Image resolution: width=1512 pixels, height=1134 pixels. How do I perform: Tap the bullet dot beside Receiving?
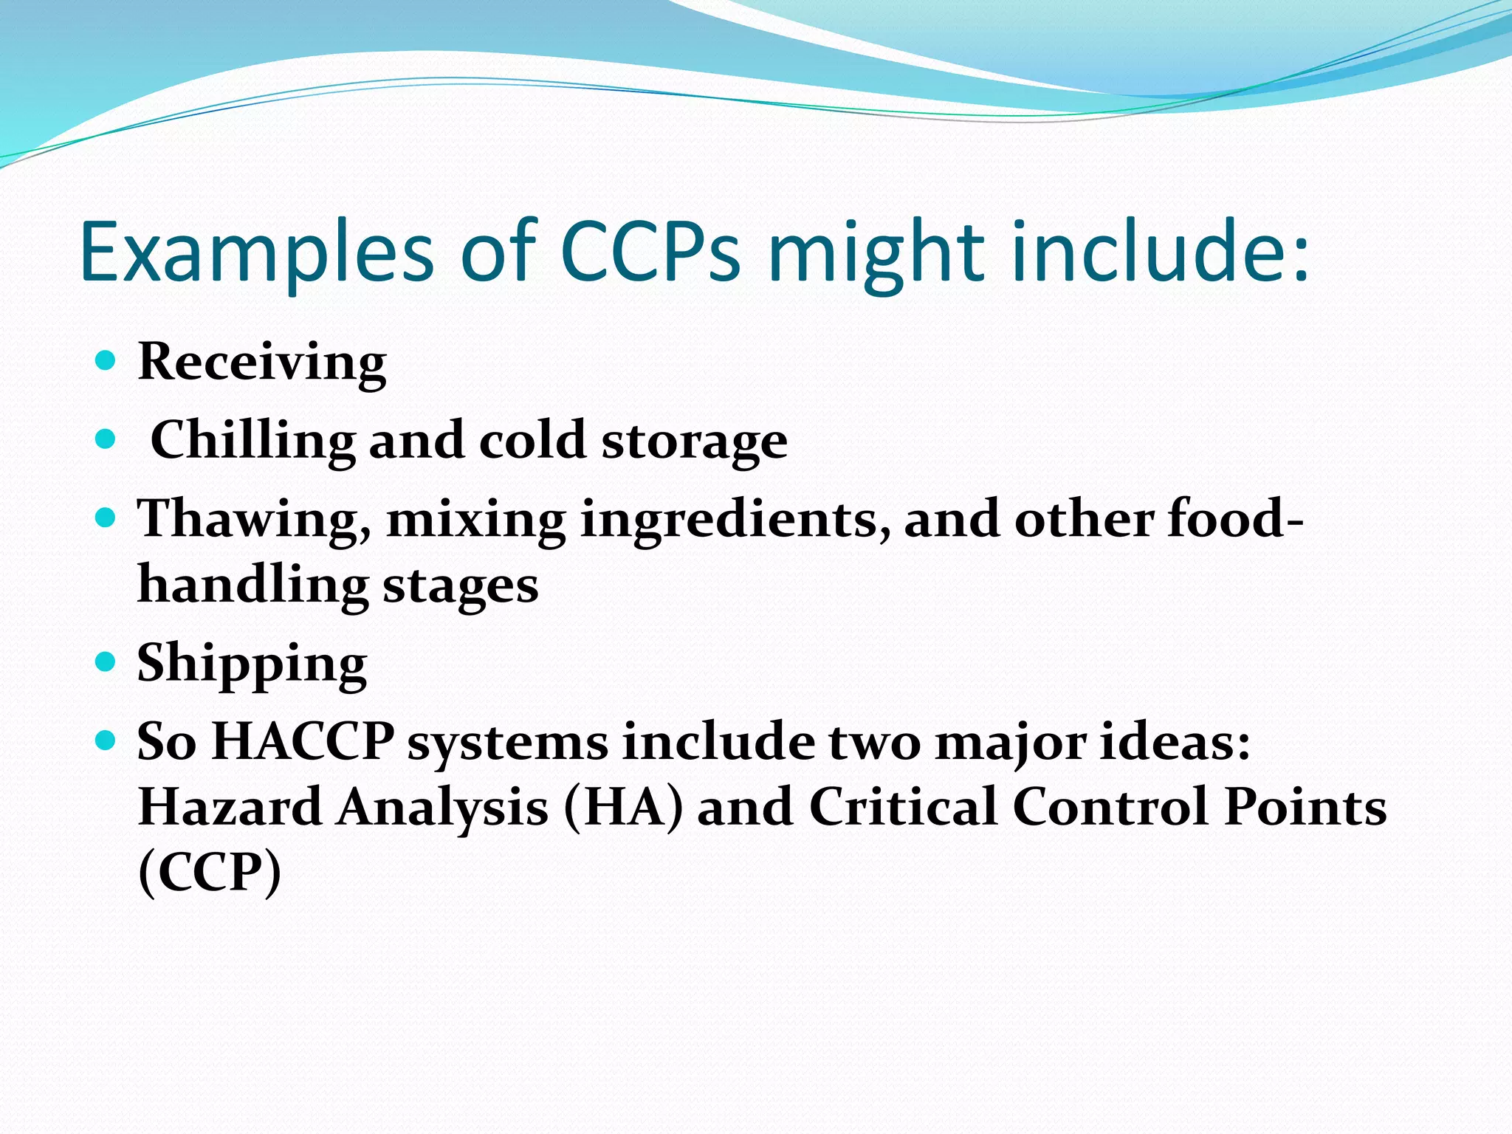(x=106, y=361)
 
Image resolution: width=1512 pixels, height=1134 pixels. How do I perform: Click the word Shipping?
(x=252, y=663)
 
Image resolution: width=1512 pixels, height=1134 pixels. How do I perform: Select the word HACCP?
(x=303, y=741)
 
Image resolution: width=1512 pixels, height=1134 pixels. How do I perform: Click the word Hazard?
(x=230, y=806)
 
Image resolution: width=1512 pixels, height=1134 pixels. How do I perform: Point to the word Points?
(x=1305, y=806)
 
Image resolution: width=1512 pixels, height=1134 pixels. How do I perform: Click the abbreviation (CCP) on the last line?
(x=210, y=872)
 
